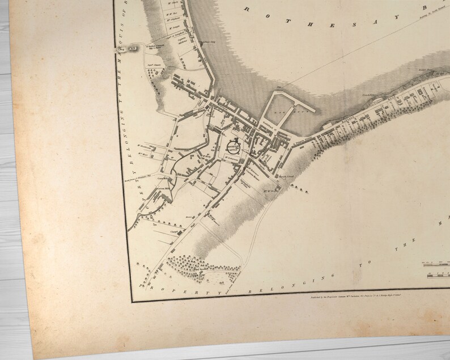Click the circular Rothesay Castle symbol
[x=234, y=146]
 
